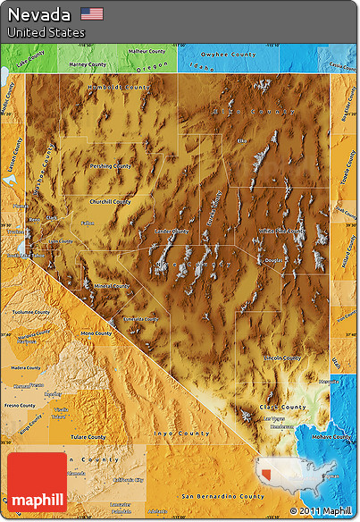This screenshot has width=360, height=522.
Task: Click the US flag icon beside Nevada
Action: pyautogui.click(x=91, y=13)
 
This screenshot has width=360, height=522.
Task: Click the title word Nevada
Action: pyautogui.click(x=40, y=14)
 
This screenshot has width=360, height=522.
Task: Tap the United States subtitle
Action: pyautogui.click(x=46, y=32)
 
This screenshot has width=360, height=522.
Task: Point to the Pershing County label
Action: pyautogui.click(x=110, y=165)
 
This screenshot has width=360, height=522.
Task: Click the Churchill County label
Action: pyautogui.click(x=109, y=201)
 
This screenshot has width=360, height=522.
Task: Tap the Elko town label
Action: pyautogui.click(x=241, y=140)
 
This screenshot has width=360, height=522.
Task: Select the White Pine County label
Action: pyautogui.click(x=280, y=231)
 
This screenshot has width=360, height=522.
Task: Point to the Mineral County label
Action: pyautogui.click(x=111, y=286)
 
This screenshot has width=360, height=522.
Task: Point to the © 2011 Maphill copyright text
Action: pyautogui.click(x=321, y=511)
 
